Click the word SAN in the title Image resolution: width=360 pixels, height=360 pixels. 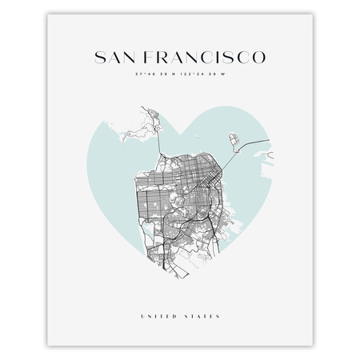pos(118,58)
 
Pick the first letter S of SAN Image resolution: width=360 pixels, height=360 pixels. pos(100,58)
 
